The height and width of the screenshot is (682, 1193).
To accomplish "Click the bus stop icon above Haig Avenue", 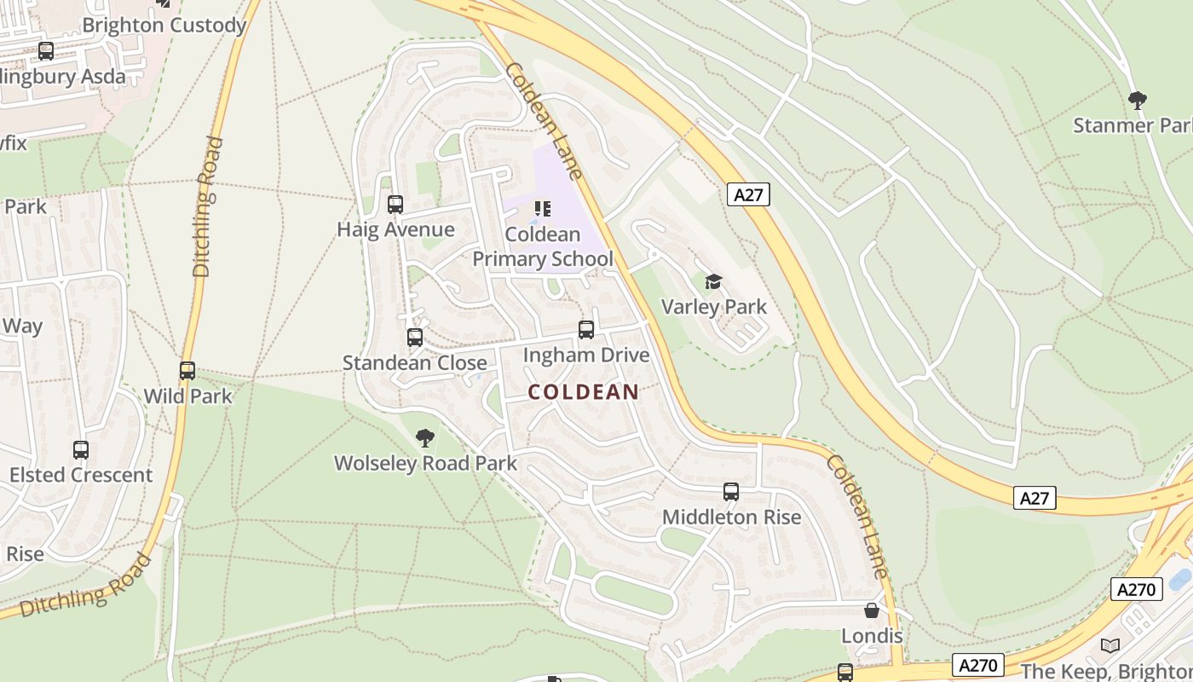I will (x=395, y=205).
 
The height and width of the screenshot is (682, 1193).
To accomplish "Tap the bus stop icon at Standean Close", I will (x=415, y=338).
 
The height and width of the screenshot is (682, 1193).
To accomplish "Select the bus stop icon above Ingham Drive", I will (x=586, y=330).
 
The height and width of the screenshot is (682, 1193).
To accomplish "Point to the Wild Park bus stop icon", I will (x=187, y=371).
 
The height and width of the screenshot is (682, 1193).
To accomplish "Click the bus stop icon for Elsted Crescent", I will (x=81, y=450).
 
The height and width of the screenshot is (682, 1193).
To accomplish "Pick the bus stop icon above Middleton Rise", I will (x=731, y=492).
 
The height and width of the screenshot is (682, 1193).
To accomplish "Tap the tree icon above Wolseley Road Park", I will (x=424, y=438).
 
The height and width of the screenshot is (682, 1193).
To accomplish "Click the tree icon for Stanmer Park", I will (x=1137, y=101).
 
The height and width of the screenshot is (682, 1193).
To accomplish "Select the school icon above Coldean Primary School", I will (x=543, y=209).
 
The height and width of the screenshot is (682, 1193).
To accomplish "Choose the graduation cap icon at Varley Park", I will (x=713, y=282).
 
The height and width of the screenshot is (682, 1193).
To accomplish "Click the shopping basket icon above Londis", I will (x=872, y=610).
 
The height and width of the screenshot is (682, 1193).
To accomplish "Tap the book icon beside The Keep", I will (x=1109, y=645).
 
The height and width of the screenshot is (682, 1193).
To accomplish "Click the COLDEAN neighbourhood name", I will (x=584, y=392).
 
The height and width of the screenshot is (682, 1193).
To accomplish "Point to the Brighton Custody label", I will (x=164, y=26).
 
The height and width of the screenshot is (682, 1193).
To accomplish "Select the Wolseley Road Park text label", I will (x=425, y=464).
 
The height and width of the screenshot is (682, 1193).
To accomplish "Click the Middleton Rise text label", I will (x=732, y=517).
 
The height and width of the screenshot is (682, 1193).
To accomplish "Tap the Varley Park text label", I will (x=714, y=307).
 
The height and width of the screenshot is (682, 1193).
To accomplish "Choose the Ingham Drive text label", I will (x=586, y=355).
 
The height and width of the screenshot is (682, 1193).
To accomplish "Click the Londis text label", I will (x=872, y=636).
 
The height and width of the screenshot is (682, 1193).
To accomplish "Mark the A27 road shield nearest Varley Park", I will (x=748, y=194).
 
